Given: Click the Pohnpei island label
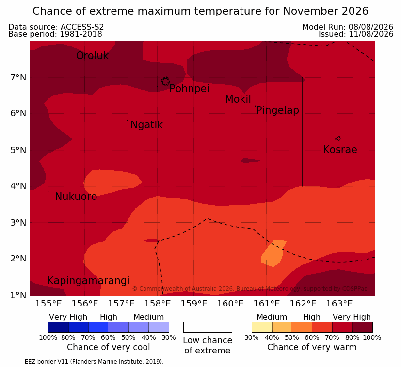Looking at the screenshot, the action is [189, 89].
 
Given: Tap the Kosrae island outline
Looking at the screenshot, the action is [338, 138].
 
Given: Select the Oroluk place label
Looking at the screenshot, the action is [92, 56].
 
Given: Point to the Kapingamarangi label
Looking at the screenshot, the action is [88, 281].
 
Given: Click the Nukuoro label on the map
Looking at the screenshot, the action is [76, 197].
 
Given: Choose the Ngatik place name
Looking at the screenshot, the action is [146, 125].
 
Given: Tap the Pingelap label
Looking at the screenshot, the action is [277, 110].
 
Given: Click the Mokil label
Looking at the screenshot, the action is [238, 99].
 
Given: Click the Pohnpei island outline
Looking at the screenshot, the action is [165, 81].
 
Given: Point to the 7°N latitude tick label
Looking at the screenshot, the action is [18, 77].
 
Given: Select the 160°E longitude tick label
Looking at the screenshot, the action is [230, 304].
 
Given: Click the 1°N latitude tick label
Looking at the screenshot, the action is [18, 295].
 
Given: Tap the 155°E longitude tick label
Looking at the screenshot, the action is [48, 304].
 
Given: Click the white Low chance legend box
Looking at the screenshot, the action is [208, 327].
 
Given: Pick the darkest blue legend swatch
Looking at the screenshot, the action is [58, 327].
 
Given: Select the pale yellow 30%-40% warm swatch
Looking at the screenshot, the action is [262, 327].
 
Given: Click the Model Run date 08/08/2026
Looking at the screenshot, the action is [371, 27].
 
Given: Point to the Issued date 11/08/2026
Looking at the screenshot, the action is [371, 34].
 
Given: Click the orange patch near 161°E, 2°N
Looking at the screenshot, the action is [273, 253].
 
